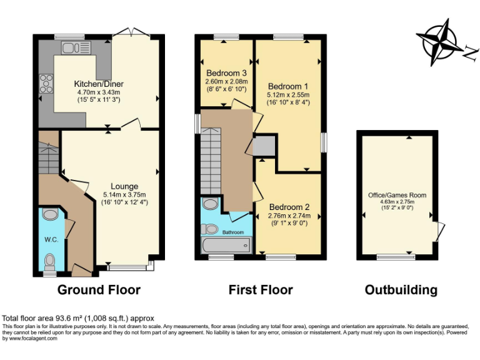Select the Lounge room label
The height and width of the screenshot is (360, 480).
(x=125, y=186)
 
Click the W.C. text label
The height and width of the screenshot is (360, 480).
(x=51, y=239)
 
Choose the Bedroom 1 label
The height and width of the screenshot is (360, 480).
(x=288, y=86)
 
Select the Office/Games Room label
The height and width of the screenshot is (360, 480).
(x=397, y=195)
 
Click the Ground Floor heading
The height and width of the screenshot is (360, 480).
(x=99, y=290)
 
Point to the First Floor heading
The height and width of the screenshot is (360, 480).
(x=261, y=290)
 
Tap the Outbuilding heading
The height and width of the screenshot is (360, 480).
(x=401, y=290)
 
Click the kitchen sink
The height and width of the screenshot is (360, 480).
(x=69, y=46)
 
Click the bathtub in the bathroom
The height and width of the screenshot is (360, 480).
(x=225, y=245)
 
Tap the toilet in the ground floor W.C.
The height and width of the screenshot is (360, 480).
(x=51, y=259)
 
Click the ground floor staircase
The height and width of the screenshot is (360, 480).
(x=47, y=159)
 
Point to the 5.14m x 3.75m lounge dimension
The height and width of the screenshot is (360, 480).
(x=124, y=194)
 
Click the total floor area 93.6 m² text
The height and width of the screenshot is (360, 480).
(x=78, y=318)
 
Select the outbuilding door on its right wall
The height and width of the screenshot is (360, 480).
(x=441, y=230)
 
